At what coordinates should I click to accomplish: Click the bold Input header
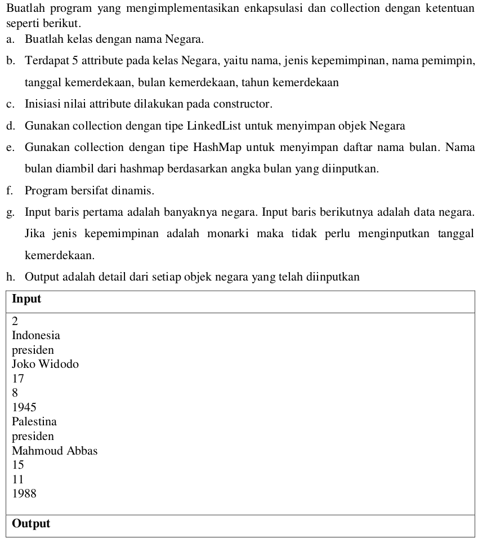click(26, 299)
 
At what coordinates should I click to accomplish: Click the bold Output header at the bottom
click(31, 523)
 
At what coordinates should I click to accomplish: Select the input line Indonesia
click(36, 336)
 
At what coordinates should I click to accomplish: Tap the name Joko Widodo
click(45, 364)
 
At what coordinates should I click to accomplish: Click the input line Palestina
click(34, 422)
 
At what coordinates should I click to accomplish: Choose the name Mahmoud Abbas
click(55, 451)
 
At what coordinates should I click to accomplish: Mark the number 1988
click(24, 494)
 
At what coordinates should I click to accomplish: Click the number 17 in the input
click(18, 379)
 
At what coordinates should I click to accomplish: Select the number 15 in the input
click(18, 465)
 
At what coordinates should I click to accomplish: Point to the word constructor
click(243, 104)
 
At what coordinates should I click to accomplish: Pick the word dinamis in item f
click(135, 191)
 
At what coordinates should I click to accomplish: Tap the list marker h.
click(10, 277)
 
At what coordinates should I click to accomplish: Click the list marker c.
click(10, 104)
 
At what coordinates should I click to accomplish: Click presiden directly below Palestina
click(33, 437)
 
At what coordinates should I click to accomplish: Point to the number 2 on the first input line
click(15, 321)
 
